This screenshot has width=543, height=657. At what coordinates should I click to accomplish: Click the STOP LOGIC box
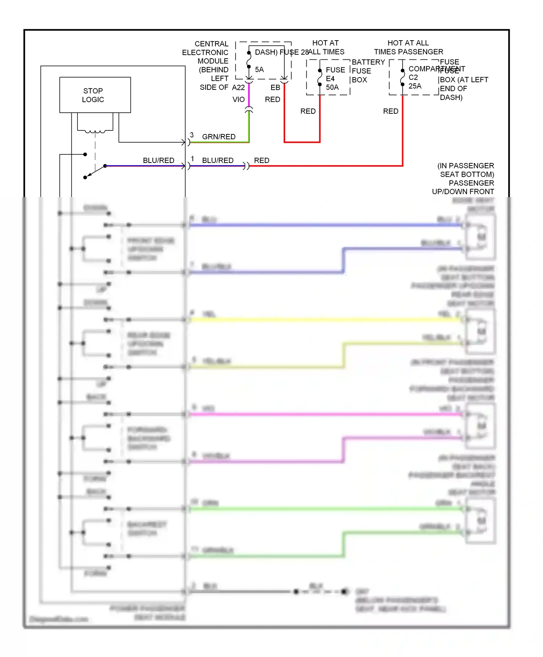[95, 95]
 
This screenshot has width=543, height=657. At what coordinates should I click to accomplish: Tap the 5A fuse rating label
[259, 70]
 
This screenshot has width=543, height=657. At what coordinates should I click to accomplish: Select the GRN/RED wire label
[219, 137]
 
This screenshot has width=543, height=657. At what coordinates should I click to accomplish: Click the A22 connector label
[238, 88]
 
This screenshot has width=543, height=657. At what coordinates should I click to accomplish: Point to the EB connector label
[275, 88]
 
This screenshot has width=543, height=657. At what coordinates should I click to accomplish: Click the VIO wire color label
[239, 99]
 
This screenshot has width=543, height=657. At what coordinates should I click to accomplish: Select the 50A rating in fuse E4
[332, 87]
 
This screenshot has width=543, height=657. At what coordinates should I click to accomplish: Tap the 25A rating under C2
[415, 86]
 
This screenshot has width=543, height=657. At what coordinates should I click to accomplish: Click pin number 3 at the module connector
[192, 135]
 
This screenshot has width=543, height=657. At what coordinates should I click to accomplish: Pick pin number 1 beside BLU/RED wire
[193, 159]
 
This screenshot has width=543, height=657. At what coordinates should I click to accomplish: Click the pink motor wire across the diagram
[326, 414]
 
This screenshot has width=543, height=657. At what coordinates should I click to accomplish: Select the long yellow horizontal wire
[326, 320]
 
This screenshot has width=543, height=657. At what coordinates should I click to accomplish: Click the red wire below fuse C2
[403, 130]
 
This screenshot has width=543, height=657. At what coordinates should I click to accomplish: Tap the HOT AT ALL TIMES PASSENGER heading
[408, 47]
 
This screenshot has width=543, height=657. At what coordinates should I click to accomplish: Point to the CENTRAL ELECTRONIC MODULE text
[206, 53]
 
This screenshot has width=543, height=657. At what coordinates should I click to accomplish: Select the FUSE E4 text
[335, 74]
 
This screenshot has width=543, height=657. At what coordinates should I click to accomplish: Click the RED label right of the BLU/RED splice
[261, 160]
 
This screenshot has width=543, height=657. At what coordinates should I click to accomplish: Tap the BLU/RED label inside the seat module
[159, 160]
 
